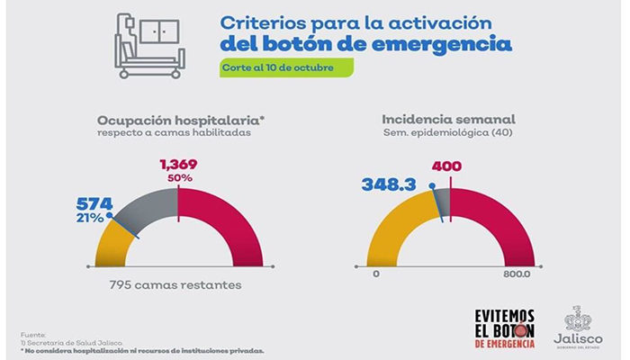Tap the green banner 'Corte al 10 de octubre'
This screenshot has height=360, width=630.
click(x=283, y=68)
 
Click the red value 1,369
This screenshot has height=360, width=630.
click(x=178, y=165)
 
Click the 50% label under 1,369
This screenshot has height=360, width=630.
click(x=178, y=179)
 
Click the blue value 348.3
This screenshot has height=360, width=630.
click(x=392, y=184)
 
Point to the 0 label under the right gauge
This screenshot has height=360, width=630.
click(x=373, y=274)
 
